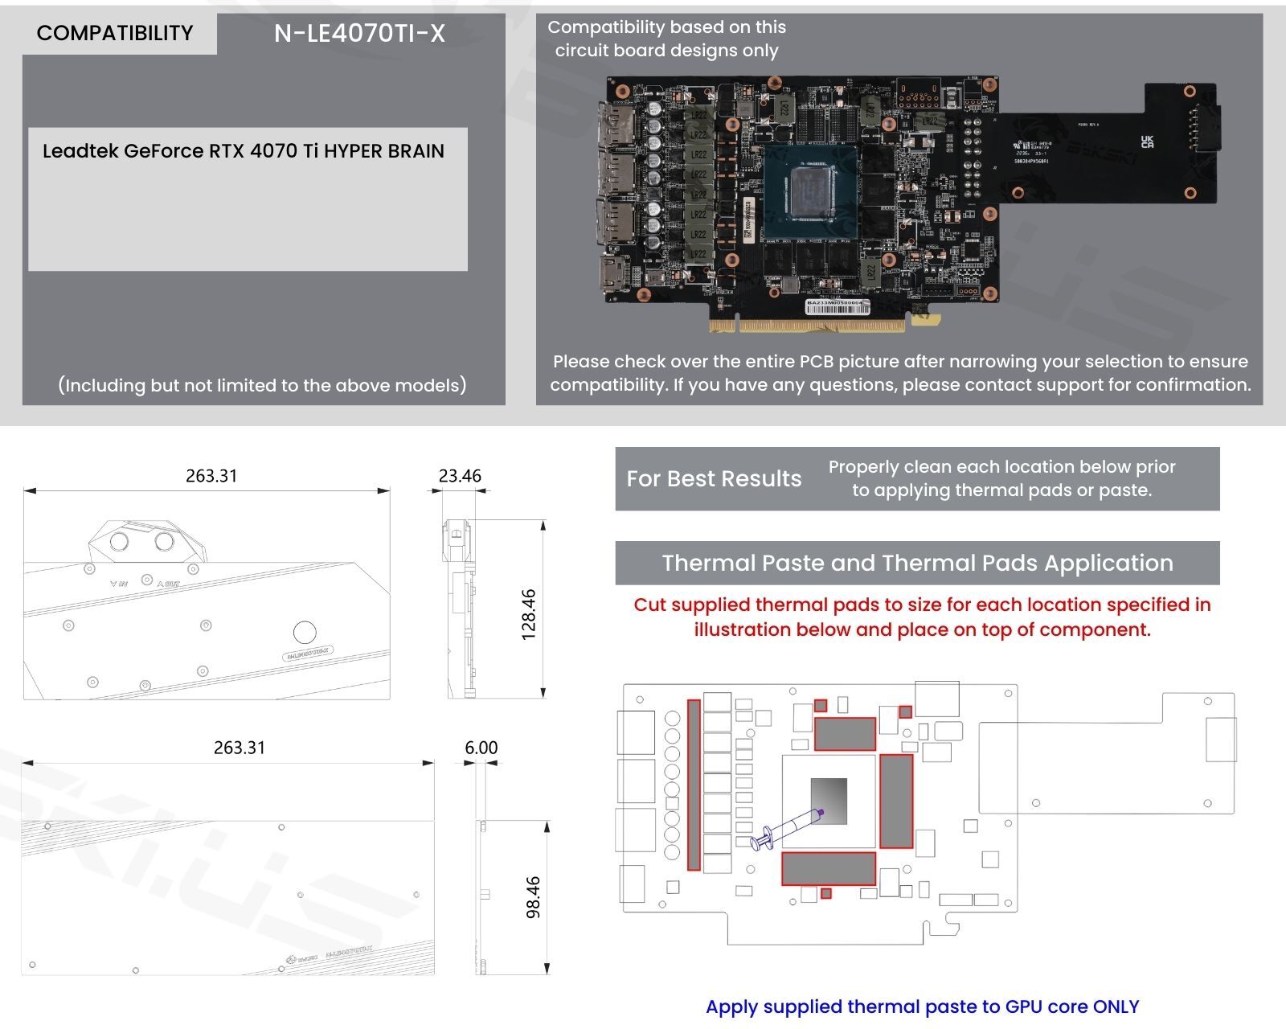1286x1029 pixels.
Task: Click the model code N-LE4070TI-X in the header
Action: (359, 33)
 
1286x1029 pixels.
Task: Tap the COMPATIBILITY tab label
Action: (115, 33)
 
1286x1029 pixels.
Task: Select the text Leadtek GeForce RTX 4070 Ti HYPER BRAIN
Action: (243, 151)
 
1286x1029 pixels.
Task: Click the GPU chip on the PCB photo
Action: (811, 192)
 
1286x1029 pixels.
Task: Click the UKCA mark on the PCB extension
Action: (1147, 142)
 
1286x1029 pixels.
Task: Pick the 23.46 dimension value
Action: (460, 476)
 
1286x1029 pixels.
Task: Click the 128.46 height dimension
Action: (529, 615)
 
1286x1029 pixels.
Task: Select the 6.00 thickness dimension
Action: (481, 748)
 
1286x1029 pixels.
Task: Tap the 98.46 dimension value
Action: (533, 897)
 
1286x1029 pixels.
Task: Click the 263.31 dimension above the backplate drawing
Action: (240, 748)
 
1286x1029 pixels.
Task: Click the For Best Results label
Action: (714, 479)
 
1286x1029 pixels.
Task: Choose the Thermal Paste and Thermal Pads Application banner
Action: (917, 563)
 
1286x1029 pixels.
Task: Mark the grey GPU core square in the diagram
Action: (829, 801)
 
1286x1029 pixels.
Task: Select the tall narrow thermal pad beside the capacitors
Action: (694, 785)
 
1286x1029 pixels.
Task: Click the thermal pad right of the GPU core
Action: (896, 801)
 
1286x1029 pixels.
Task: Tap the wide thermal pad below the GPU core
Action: (829, 869)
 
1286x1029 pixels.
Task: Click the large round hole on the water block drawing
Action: (305, 632)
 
